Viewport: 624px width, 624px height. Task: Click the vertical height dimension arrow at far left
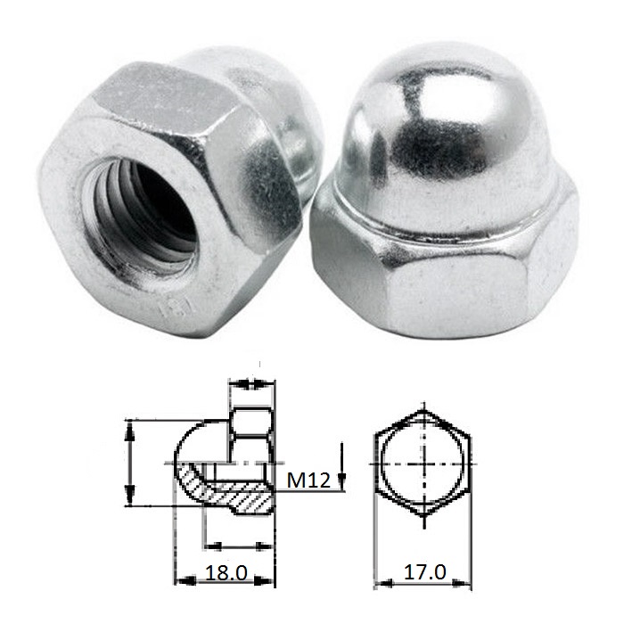(131, 464)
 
